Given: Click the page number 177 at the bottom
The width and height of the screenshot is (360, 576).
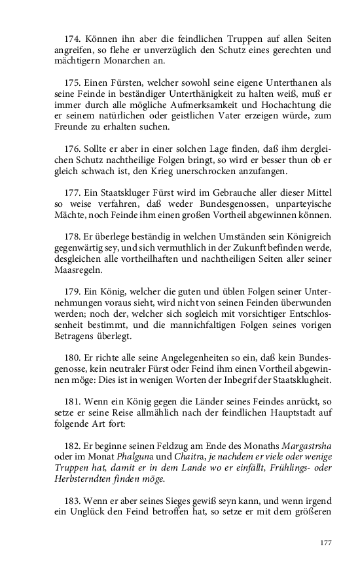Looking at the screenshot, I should [x=326, y=543].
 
